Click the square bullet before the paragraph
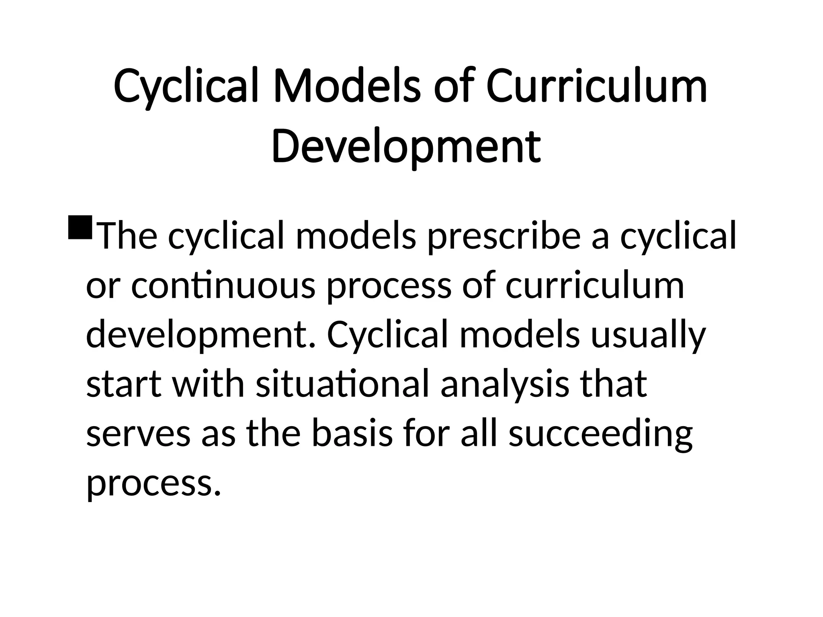tap(80, 227)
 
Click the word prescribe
tap(504, 237)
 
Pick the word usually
tap(648, 336)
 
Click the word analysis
tap(505, 385)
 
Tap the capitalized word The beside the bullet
tap(128, 237)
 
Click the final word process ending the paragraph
tap(154, 484)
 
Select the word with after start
tap(208, 385)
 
